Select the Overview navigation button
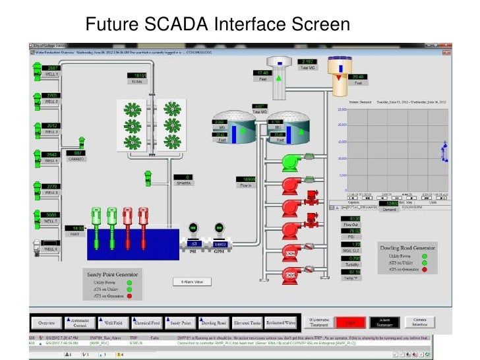point(46,323)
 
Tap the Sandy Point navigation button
point(181,323)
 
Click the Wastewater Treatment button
point(319,322)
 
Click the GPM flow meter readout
point(220,245)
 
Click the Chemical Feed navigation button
point(147,323)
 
